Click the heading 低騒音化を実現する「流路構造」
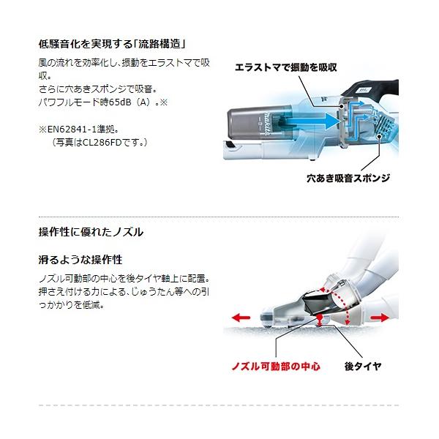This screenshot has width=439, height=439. click(x=112, y=44)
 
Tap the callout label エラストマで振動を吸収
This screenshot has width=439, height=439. click(x=286, y=67)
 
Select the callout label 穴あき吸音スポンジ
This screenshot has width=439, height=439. click(x=348, y=178)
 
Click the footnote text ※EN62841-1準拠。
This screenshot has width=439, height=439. click(x=79, y=129)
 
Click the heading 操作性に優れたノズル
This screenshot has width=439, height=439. click(x=91, y=232)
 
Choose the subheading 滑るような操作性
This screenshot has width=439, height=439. click(x=80, y=260)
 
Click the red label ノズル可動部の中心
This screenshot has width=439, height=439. click(x=276, y=367)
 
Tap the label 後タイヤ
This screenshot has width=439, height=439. click(x=363, y=366)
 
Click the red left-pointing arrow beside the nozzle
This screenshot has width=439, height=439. click(x=241, y=318)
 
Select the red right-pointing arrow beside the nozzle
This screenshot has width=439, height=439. click(x=380, y=318)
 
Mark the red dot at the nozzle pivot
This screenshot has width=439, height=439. click(x=319, y=318)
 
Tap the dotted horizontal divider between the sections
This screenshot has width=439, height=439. click(x=219, y=217)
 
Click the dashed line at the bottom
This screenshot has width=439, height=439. click(x=219, y=405)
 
